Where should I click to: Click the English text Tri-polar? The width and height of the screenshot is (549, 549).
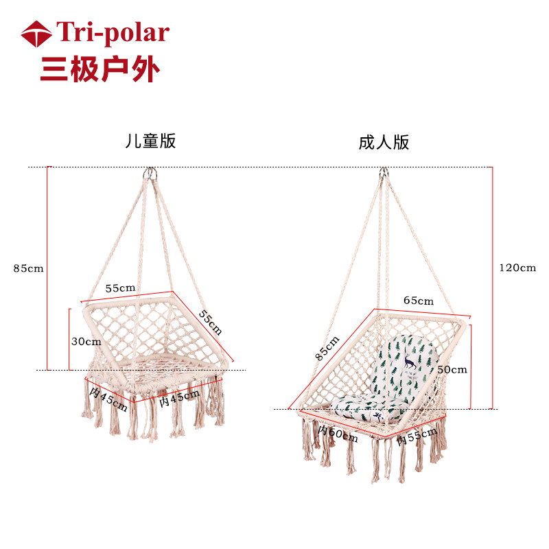[112, 33]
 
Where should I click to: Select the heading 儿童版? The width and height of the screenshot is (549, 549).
[150, 141]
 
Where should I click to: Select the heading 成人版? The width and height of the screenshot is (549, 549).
[384, 143]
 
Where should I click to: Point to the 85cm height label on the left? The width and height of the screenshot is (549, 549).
[27, 268]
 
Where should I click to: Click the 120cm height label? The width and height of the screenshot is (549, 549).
[517, 268]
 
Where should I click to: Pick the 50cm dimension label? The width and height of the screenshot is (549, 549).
[452, 369]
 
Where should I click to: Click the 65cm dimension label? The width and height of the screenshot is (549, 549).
[418, 301]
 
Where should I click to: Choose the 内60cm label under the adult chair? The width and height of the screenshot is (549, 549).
[337, 433]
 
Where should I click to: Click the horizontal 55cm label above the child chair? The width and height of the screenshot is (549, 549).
[120, 288]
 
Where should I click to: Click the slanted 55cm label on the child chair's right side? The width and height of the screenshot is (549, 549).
[211, 321]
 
